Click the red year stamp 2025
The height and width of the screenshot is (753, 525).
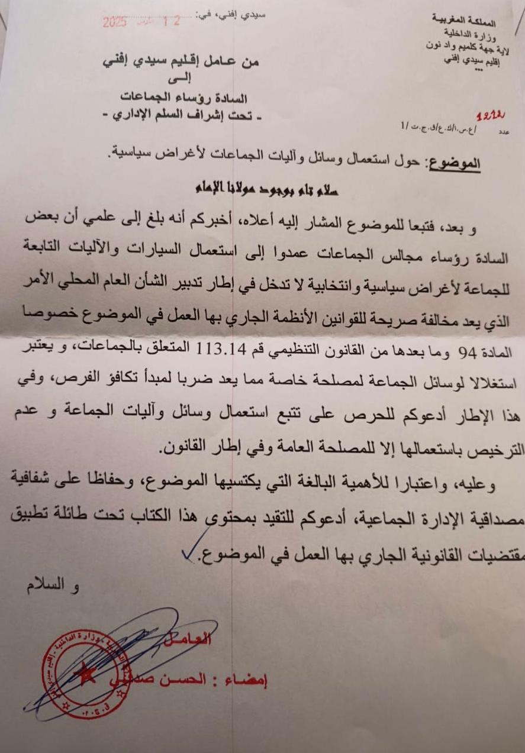115,23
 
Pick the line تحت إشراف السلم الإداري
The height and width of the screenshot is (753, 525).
183,116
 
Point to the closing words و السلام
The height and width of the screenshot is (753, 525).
52,587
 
